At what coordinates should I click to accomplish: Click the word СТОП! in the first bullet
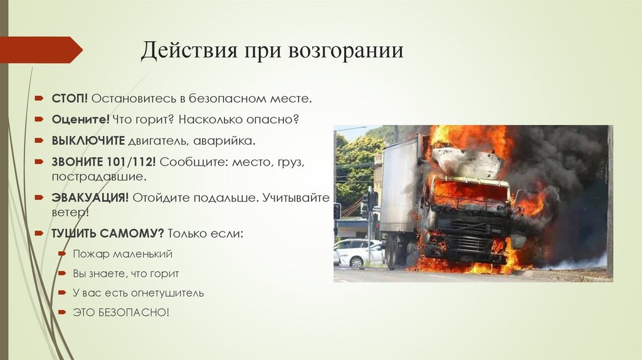coord(70,99)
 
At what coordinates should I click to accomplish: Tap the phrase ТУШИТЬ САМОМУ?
coord(108,233)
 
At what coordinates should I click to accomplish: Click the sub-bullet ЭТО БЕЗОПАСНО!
coord(120,312)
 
